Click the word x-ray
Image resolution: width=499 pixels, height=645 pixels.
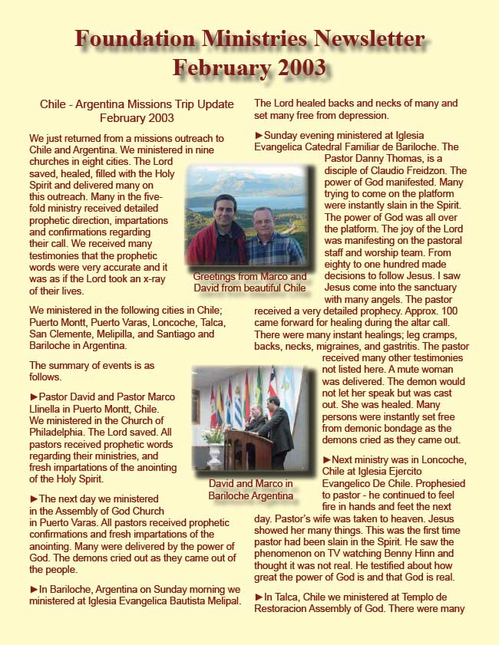point(157,280)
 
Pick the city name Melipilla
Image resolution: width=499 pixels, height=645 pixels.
point(131,334)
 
